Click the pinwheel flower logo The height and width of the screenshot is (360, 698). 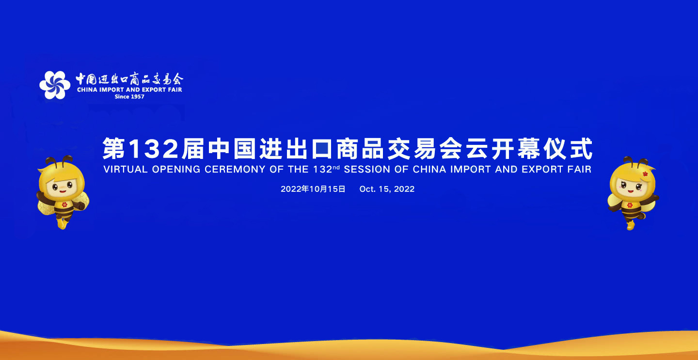tap(55, 85)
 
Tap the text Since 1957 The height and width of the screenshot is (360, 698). tap(129, 96)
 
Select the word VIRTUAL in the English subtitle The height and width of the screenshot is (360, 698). tap(125, 170)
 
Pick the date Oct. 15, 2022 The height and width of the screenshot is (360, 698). tap(387, 189)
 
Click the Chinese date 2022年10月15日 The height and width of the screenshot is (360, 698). tap(313, 189)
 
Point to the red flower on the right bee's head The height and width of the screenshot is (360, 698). tap(645, 173)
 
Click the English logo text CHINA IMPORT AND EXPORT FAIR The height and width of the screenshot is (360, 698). tap(129, 90)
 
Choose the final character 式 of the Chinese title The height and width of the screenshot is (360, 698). tap(581, 149)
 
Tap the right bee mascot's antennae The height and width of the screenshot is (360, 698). tap(635, 161)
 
